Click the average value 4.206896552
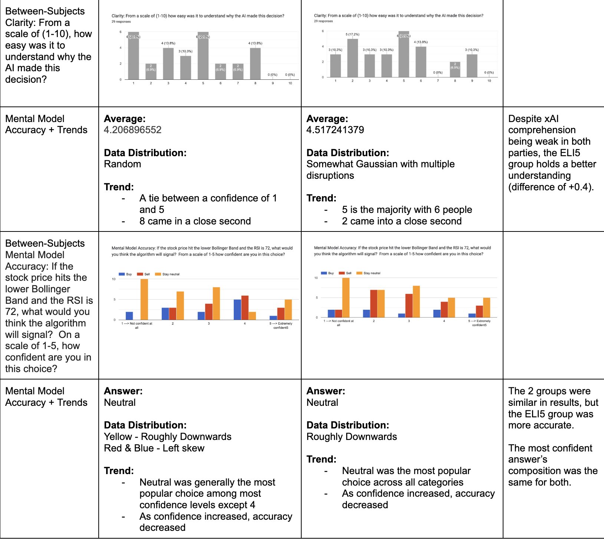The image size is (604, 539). point(133,130)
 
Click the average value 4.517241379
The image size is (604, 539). point(335,130)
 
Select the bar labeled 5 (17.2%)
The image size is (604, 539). point(352,58)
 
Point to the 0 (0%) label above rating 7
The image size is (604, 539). point(438,72)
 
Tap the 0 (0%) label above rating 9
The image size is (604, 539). point(273,75)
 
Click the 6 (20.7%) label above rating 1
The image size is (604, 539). point(133,37)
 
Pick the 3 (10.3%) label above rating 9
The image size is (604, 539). point(472,50)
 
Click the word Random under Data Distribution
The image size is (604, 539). point(122,164)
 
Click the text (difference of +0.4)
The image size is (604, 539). point(551,187)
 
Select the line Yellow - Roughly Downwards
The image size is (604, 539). point(168,437)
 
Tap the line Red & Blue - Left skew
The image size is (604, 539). point(154,448)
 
